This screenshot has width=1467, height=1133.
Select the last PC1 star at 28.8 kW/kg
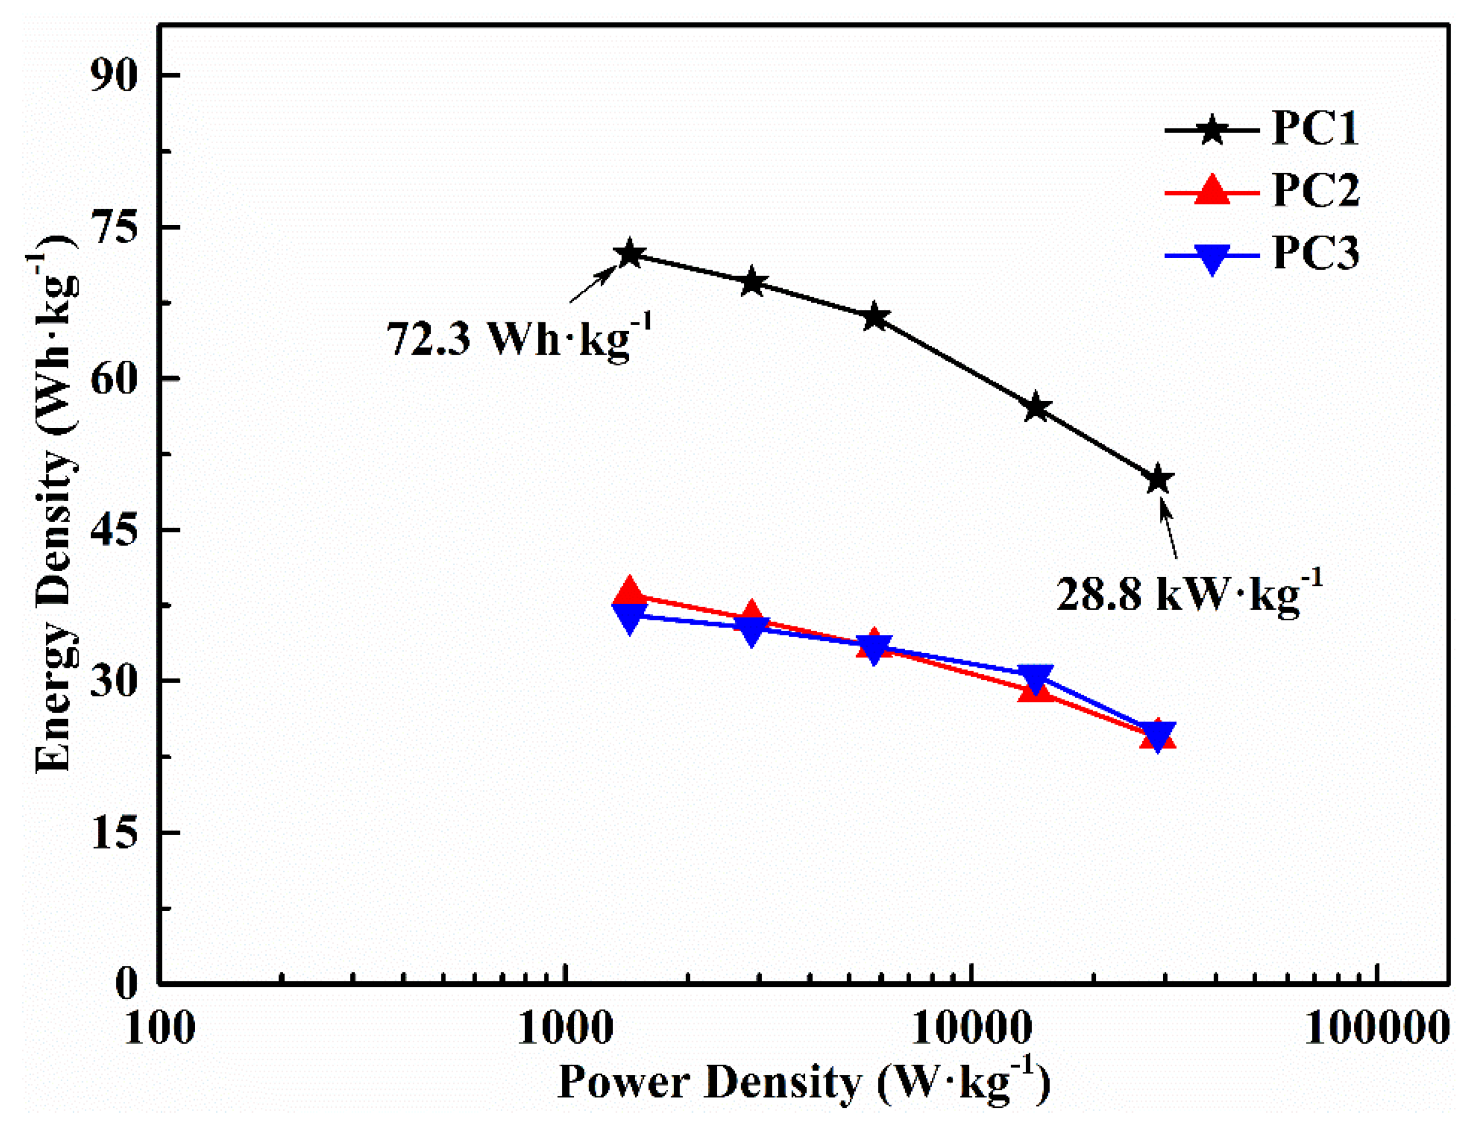(1157, 479)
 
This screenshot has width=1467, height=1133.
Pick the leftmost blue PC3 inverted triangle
(630, 617)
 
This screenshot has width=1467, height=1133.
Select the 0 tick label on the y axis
(126, 983)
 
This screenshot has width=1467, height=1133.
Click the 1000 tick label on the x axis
(564, 1028)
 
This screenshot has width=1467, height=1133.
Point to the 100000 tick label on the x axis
(1374, 1028)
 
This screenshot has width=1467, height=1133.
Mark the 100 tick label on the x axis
(159, 1028)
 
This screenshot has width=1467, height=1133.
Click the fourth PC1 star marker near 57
(1036, 408)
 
